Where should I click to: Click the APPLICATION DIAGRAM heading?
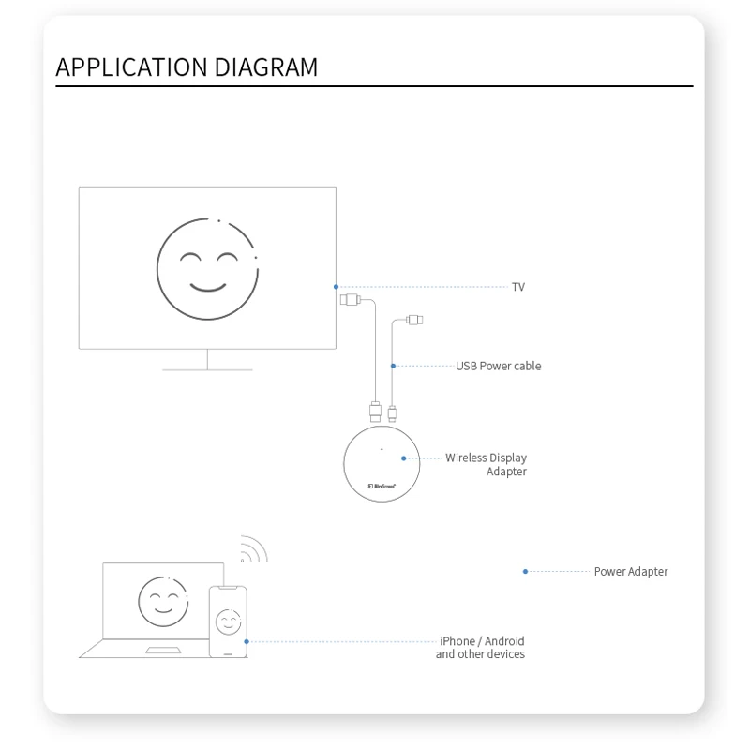(187, 67)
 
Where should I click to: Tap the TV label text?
(518, 287)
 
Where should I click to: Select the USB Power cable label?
(498, 366)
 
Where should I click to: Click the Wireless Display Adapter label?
(487, 464)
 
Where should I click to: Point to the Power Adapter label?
(631, 572)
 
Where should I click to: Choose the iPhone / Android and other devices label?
(481, 648)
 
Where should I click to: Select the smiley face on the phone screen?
(228, 622)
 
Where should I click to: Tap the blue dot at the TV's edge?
(336, 286)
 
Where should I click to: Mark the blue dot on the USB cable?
(393, 366)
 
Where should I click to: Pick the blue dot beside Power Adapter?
(525, 572)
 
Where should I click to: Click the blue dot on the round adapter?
(404, 458)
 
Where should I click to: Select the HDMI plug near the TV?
(349, 300)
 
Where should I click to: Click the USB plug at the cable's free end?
(414, 321)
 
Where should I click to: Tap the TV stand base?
(207, 368)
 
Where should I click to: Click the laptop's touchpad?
(164, 650)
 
